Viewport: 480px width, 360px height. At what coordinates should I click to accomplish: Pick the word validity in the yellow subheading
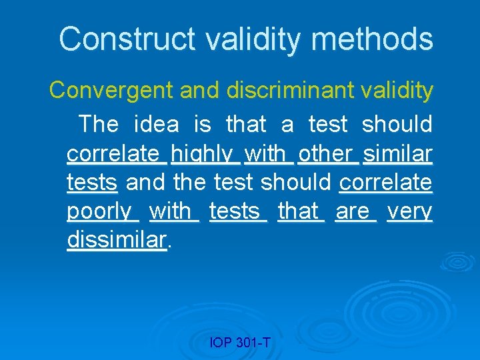click(396, 90)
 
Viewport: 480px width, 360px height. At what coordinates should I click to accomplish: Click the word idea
click(157, 124)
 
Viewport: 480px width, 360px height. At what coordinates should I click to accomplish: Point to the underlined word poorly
click(99, 212)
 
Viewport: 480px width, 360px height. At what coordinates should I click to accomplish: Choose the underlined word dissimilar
click(117, 240)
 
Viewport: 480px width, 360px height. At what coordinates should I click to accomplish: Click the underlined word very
click(409, 211)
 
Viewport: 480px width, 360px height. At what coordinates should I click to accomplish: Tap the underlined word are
click(353, 211)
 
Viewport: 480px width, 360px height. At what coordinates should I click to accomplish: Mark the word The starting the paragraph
click(98, 124)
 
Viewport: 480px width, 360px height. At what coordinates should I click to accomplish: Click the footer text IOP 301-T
click(240, 343)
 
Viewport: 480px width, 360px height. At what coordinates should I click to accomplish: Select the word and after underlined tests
click(145, 182)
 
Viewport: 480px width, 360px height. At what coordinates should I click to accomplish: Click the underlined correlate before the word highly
click(113, 153)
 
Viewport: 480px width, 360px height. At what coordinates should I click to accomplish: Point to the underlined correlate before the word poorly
click(386, 182)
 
